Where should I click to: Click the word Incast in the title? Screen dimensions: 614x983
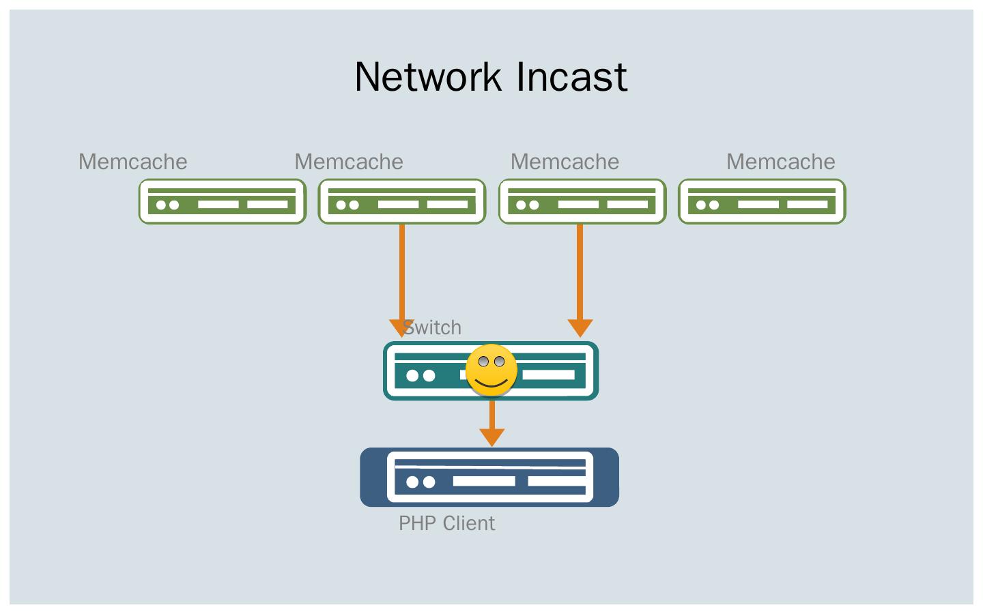[571, 76]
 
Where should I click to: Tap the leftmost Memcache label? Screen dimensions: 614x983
[132, 162]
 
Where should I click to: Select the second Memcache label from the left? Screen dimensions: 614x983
[349, 162]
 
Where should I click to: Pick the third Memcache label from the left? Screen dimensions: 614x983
[565, 162]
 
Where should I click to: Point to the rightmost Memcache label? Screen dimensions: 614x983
[780, 162]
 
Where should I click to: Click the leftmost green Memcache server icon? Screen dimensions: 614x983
[223, 201]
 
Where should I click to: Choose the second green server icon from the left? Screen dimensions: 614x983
[402, 201]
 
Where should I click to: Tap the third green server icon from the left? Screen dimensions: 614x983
[582, 201]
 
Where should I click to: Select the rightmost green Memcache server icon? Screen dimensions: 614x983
[762, 201]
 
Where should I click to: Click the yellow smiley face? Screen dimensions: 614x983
[491, 370]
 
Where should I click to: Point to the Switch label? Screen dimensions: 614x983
[433, 327]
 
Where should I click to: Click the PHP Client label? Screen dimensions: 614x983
[446, 523]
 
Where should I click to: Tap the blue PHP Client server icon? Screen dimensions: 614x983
[489, 478]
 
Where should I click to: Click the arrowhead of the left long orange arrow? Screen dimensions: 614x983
[401, 328]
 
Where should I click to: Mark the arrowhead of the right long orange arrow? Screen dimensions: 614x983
[580, 328]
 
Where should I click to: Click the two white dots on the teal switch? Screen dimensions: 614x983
[421, 375]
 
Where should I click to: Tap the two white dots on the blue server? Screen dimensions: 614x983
[421, 482]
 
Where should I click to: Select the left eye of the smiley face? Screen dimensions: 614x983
[483, 362]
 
